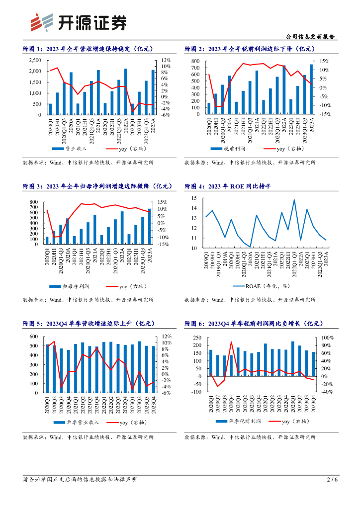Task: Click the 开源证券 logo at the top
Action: tap(78, 22)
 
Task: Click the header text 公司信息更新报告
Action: tap(311, 37)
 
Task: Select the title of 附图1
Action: tap(88, 49)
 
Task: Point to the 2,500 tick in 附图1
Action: tap(35, 60)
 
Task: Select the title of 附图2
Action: tap(250, 49)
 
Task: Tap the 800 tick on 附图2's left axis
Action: tap(195, 61)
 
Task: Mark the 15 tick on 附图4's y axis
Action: tap(194, 198)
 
